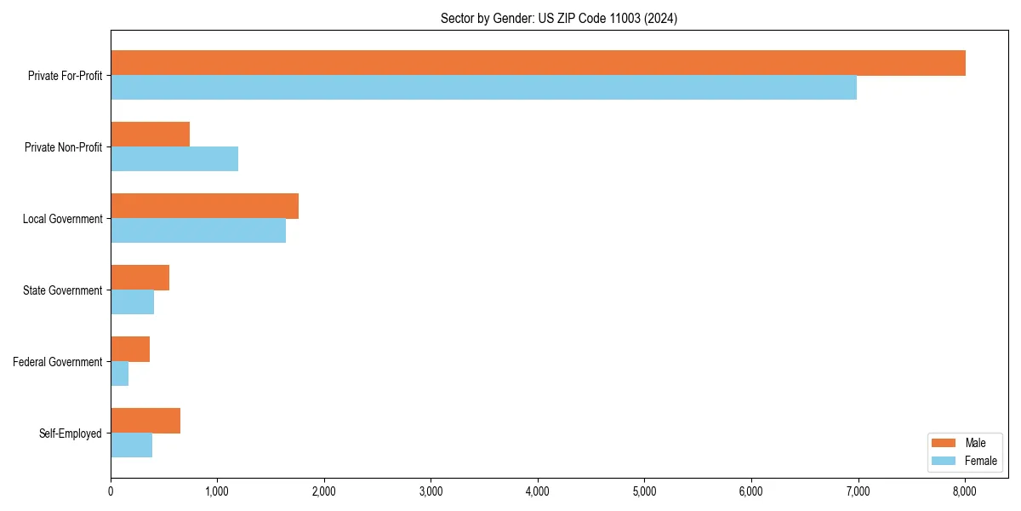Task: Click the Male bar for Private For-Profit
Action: pos(538,63)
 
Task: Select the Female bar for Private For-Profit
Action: pos(483,88)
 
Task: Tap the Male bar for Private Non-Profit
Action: pos(150,135)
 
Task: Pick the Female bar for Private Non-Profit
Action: pos(174,159)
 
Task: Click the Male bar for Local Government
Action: pos(204,206)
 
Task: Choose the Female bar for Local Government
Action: pos(198,231)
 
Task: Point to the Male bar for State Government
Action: pos(140,278)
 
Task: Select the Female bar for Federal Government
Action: pos(119,374)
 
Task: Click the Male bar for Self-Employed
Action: pos(145,421)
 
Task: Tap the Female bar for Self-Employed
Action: pos(131,445)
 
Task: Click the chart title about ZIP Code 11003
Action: pos(559,18)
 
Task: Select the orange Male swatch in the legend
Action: pos(944,443)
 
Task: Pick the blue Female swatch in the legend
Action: pos(944,461)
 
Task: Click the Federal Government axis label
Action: pos(58,362)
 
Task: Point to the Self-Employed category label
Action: pos(71,433)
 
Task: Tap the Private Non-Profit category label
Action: pos(64,147)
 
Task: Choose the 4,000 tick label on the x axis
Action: pos(538,491)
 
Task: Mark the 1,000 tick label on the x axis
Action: pos(217,491)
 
